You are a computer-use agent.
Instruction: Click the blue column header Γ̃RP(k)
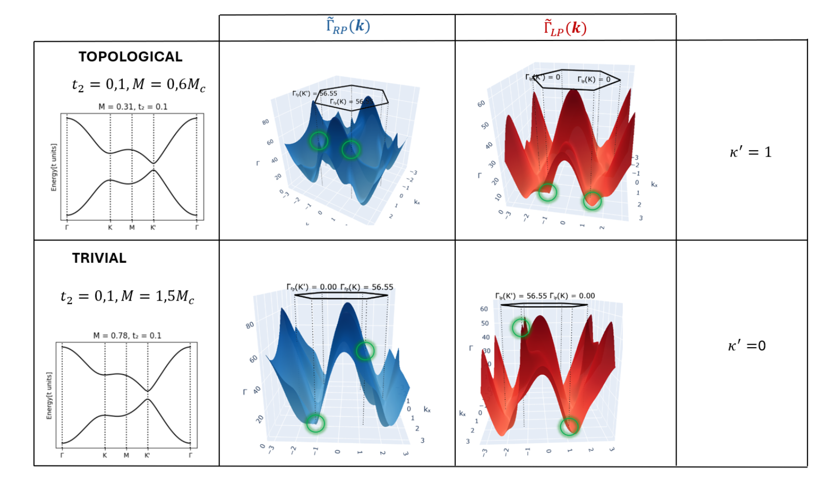pos(348,26)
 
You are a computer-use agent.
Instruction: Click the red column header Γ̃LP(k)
pos(565,28)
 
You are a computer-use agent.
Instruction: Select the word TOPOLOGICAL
pos(131,57)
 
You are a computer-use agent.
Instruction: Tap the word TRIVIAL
pos(99,258)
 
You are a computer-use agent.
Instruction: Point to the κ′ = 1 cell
pos(751,152)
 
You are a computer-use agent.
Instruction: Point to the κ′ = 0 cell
pos(746,346)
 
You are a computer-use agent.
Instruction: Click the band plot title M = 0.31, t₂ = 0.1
pos(133,107)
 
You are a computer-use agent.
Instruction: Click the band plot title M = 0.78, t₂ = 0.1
pos(127,335)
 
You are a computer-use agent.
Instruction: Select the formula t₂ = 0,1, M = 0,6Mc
pos(138,84)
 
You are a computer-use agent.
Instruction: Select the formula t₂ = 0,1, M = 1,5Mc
pos(127,296)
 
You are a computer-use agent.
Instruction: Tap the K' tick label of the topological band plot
pos(153,228)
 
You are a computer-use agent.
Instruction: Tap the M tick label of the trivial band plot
pos(126,456)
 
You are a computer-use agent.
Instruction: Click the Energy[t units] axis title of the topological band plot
pos(54,167)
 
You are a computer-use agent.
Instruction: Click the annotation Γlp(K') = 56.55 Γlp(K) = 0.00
pos(545,296)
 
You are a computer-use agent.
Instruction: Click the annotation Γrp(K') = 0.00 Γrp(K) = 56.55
pos(340,287)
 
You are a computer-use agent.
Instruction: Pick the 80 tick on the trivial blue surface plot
pos(250,325)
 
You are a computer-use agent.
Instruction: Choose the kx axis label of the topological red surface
pos(654,185)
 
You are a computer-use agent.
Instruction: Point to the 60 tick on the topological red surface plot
pos(481,104)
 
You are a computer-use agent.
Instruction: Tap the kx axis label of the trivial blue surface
pos(427,409)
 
